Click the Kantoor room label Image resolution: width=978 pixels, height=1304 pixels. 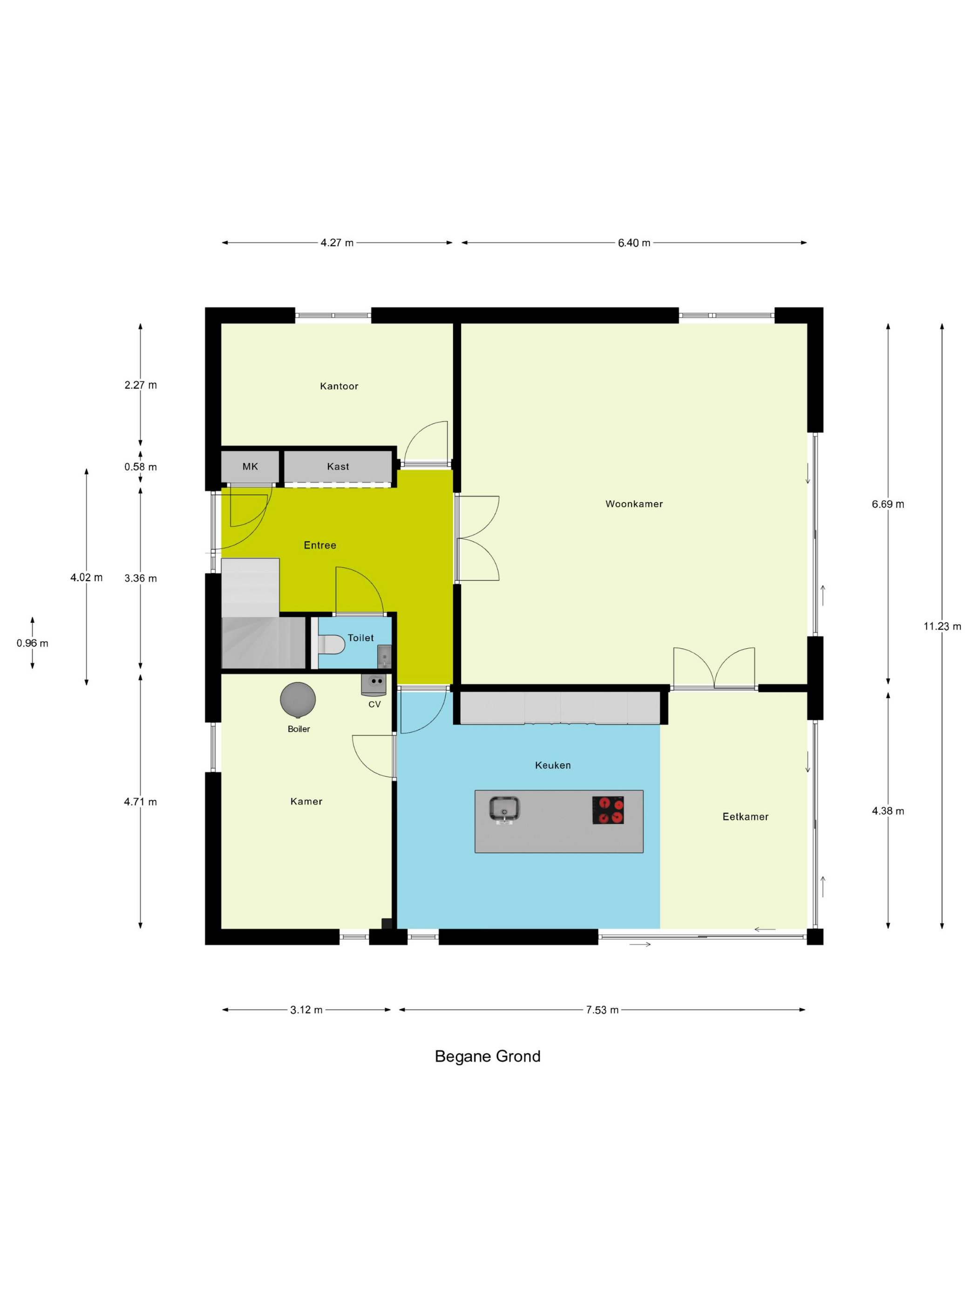tap(339, 386)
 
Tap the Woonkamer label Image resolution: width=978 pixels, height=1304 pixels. tap(634, 504)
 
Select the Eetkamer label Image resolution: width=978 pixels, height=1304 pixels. tap(746, 817)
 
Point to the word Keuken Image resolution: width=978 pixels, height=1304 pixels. tap(553, 766)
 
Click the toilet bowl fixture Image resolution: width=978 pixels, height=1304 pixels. tap(331, 645)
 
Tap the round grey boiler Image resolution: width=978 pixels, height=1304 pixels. tap(298, 700)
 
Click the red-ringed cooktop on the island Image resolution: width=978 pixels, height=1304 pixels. tap(608, 810)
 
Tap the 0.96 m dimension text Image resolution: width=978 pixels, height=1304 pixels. tap(33, 643)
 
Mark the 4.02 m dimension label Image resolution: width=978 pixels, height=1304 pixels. tap(87, 578)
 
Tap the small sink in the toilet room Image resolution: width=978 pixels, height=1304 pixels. tap(384, 656)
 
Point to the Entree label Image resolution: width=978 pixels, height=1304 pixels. tap(320, 545)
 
